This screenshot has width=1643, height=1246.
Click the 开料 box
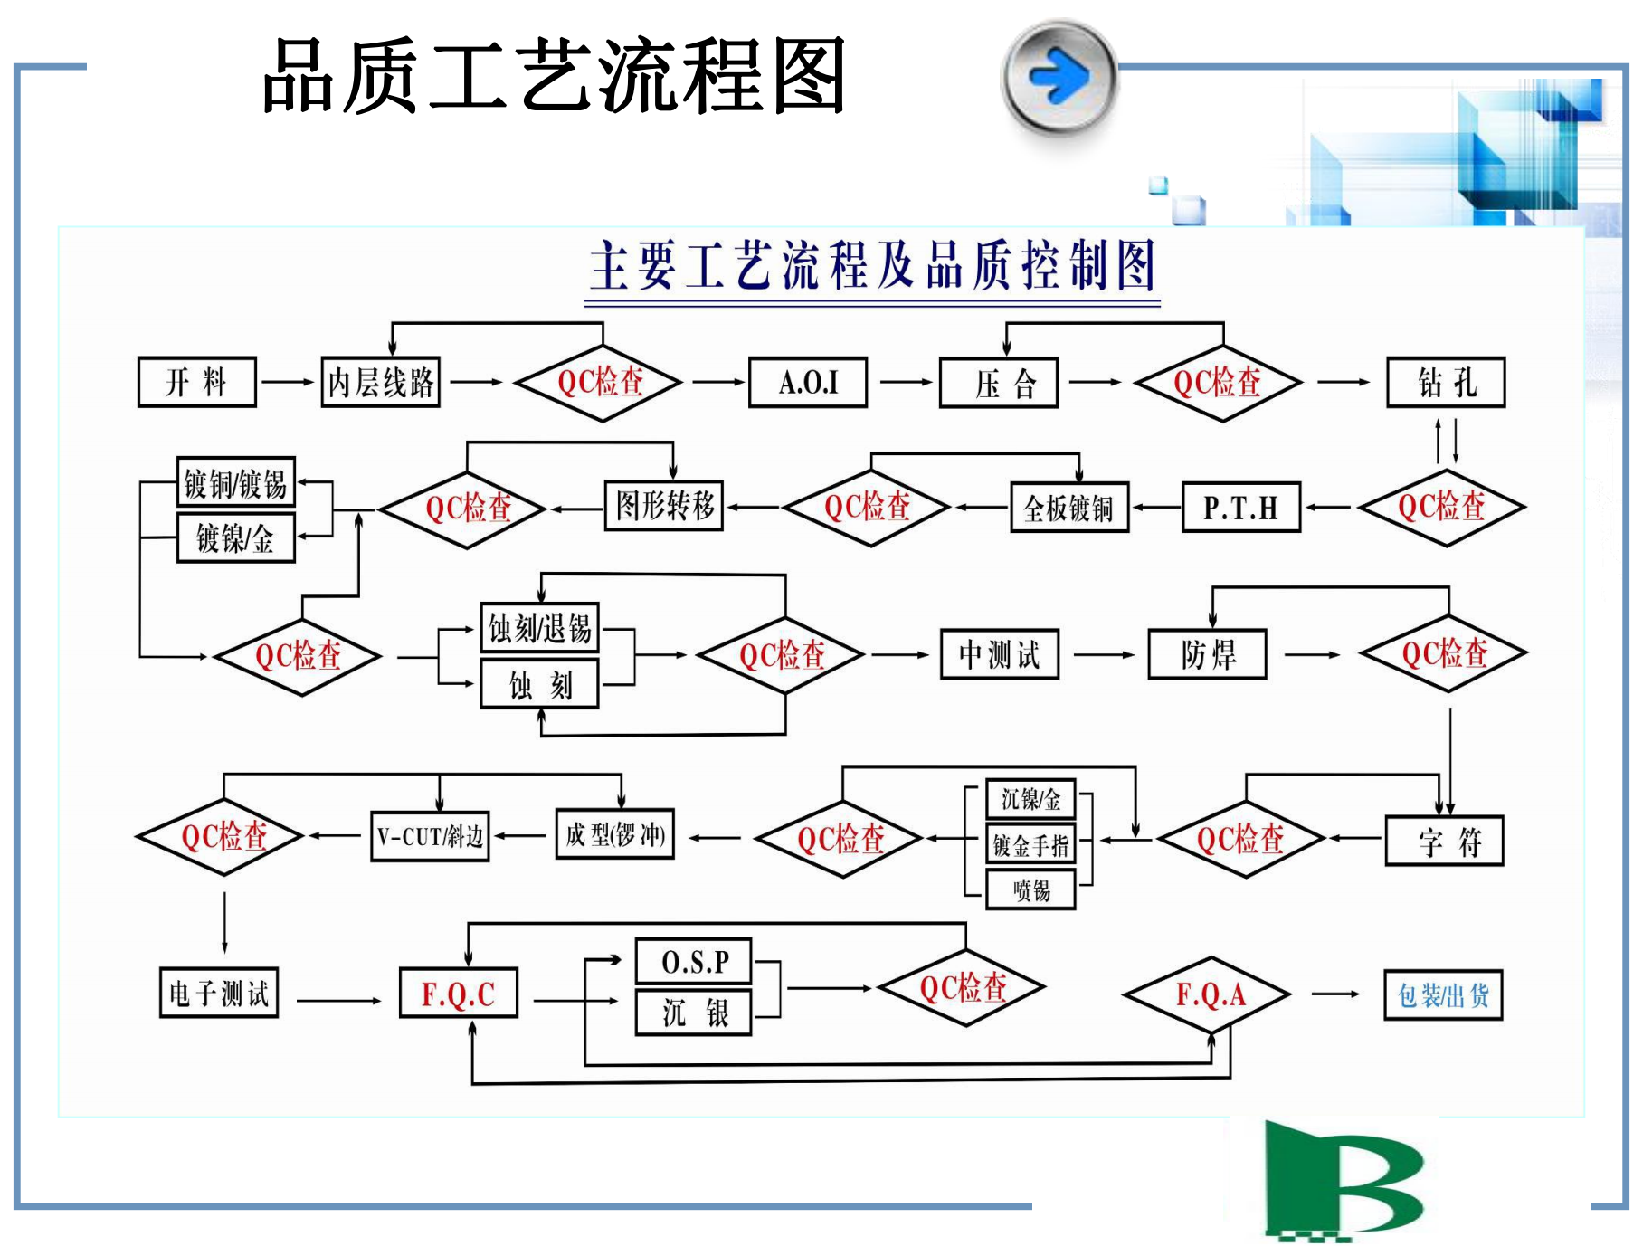coord(196,382)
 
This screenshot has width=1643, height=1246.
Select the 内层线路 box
coord(381,382)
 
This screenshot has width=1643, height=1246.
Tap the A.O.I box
coord(808,382)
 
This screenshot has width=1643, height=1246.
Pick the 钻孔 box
coord(1446,382)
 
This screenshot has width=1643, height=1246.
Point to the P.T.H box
coord(1240,508)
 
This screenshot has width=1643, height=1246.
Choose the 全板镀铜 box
coord(1068,508)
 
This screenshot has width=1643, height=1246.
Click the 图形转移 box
coord(664,505)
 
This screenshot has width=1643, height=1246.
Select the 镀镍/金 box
coord(235,538)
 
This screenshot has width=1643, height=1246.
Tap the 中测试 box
coord(999,654)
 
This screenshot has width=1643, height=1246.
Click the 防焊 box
coord(1207,654)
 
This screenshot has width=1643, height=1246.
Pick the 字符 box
coord(1444,842)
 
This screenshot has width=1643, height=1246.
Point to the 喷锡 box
coord(1030,889)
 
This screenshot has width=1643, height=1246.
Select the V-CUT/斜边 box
coord(430,836)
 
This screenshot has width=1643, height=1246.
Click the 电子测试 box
coord(219,994)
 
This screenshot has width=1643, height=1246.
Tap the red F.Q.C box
coord(459,994)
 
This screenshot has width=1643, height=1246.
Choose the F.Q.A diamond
coord(1209,995)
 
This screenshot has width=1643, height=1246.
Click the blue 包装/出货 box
coord(1443,995)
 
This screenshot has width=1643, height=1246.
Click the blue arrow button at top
coord(1059,76)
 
